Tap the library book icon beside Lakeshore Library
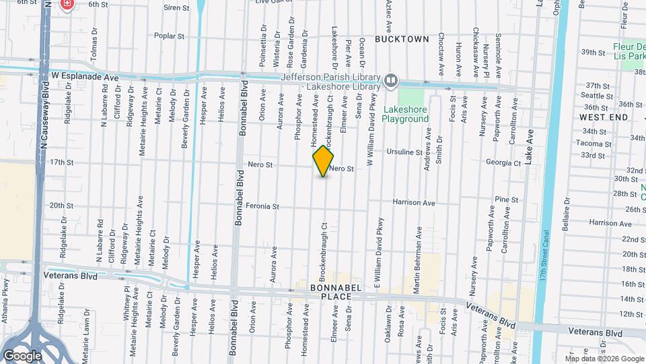pos(391,82)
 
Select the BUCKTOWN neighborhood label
pos(402,39)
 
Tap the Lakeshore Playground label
pos(405,114)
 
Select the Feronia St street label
pos(262,206)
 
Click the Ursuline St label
pos(404,152)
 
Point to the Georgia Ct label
pos(504,163)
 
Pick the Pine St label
pos(506,200)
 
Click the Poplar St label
pos(169,36)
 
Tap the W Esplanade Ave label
pos(85,78)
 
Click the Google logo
pos(22,355)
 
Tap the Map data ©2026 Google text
pos(604,359)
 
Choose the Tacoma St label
pos(593,144)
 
